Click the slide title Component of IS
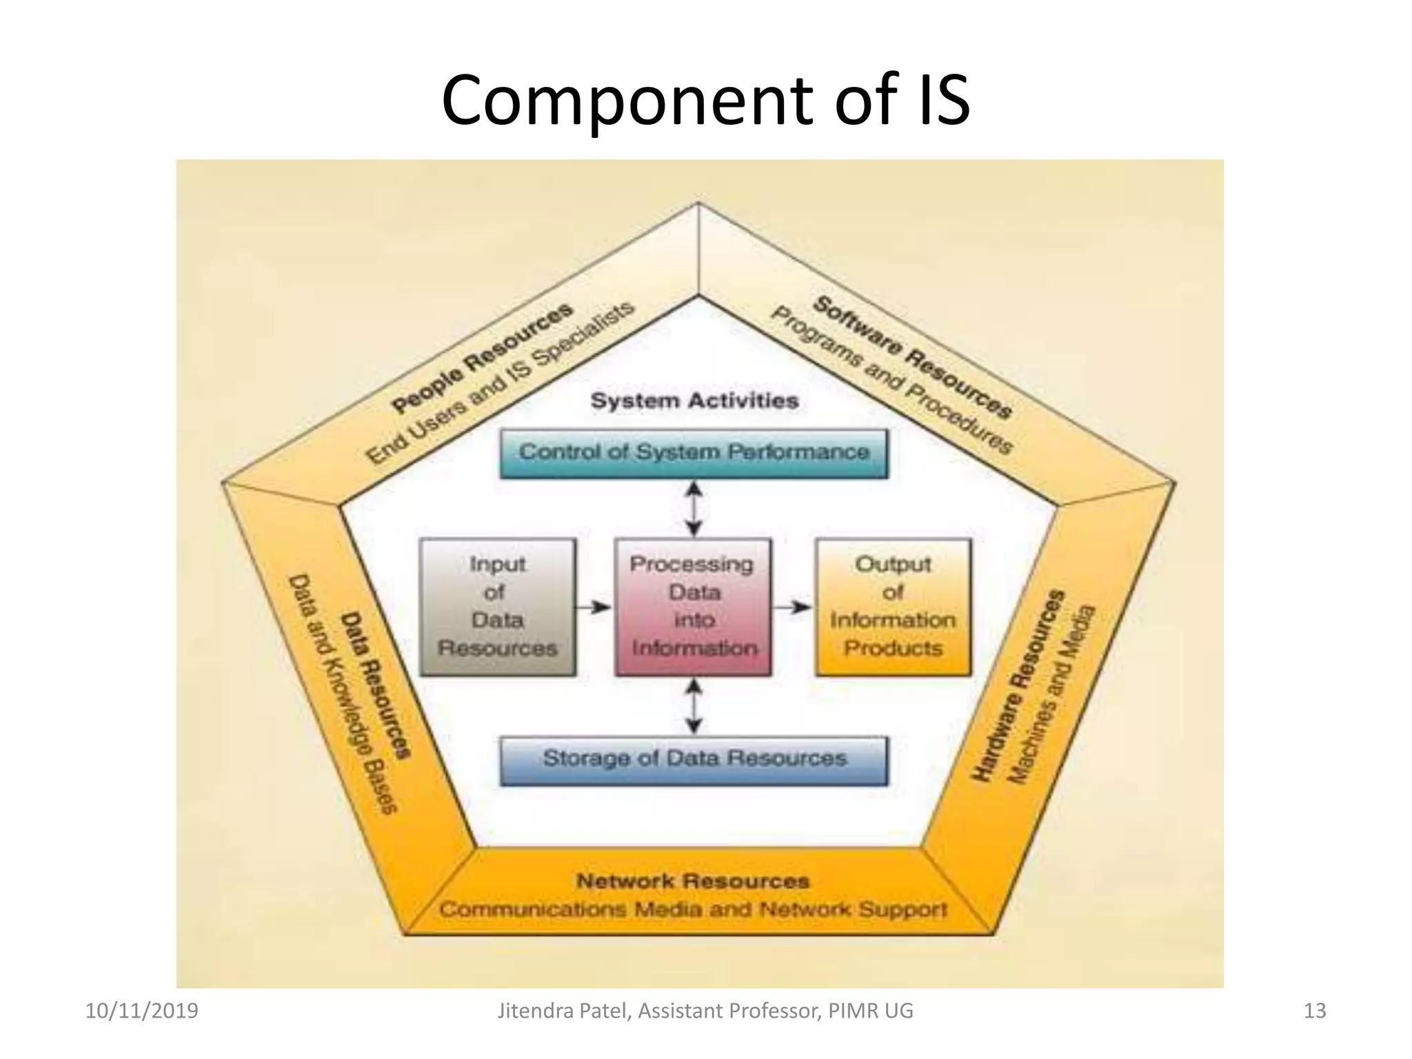click(x=705, y=102)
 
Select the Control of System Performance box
click(x=694, y=453)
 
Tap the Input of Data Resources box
click(x=497, y=607)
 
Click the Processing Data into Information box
click(x=693, y=607)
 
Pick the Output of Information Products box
click(x=893, y=607)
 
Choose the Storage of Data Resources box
click(x=694, y=760)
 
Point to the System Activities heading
click(x=694, y=401)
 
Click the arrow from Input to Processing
click(x=594, y=607)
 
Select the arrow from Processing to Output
click(x=792, y=607)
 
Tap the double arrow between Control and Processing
click(x=694, y=509)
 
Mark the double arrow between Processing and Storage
click(x=694, y=707)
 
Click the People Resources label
click(x=482, y=359)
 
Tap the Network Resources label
click(x=693, y=881)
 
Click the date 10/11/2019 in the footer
click(x=141, y=1011)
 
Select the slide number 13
click(x=1315, y=1011)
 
